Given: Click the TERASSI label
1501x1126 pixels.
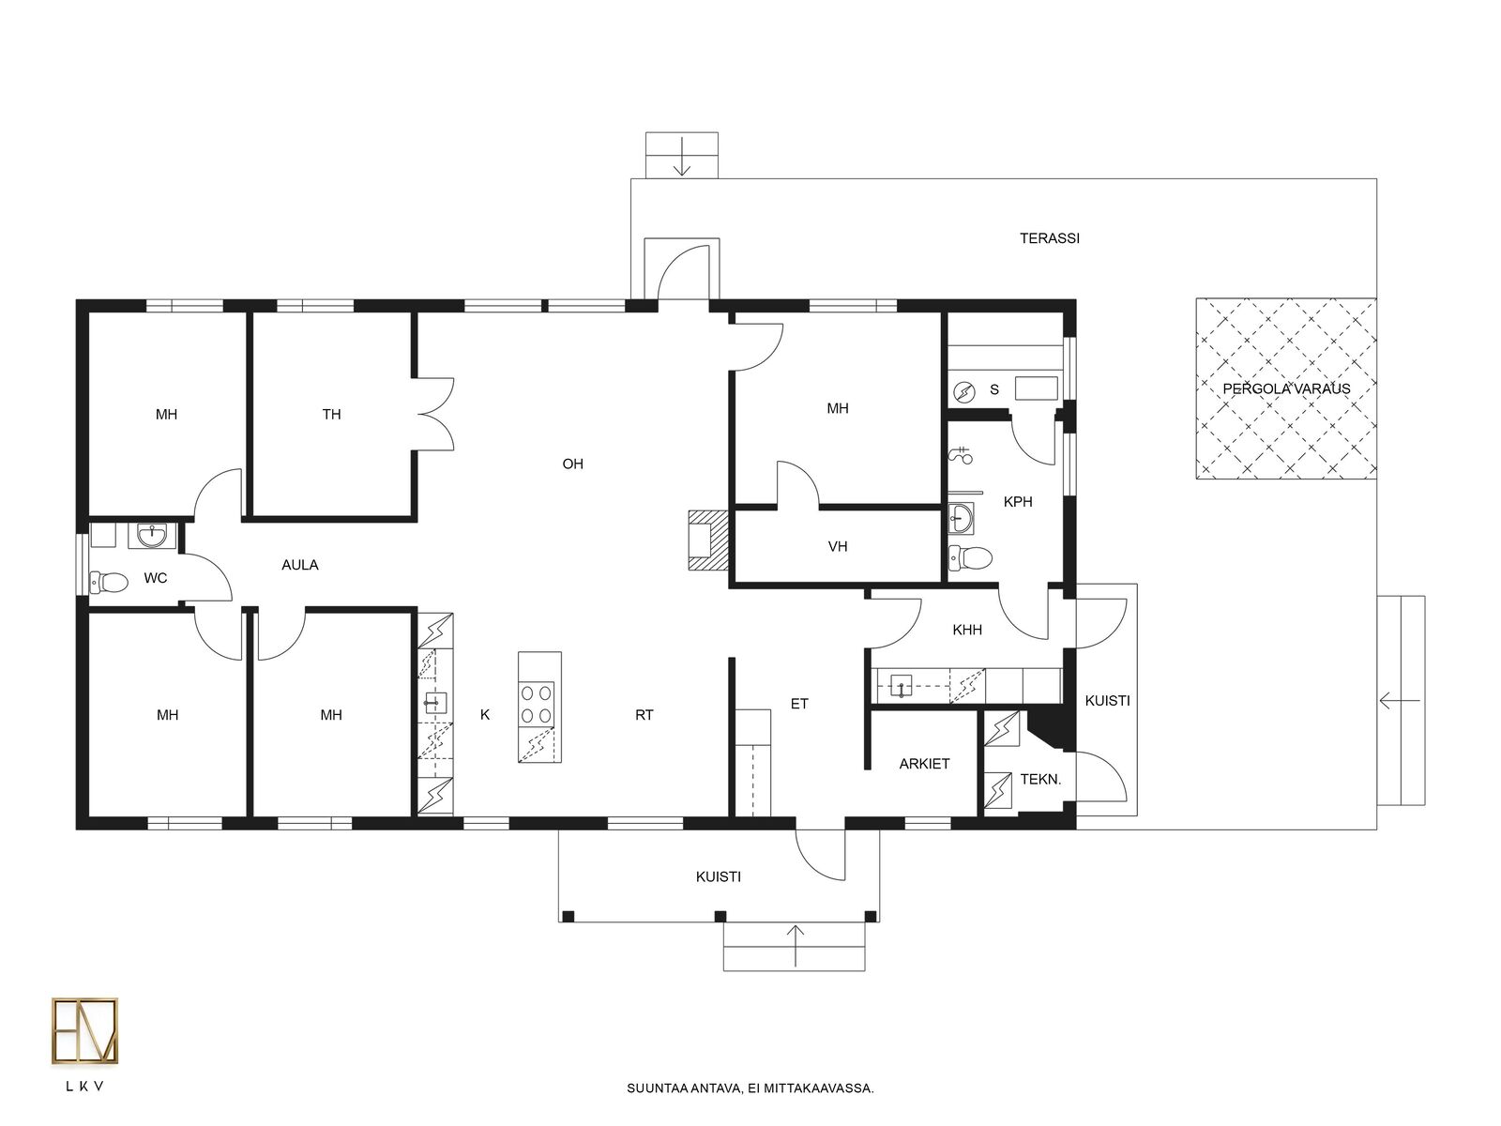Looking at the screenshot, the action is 1049,238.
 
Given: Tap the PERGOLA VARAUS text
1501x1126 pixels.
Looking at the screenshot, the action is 1285,389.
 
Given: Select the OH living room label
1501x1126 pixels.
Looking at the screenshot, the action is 572,464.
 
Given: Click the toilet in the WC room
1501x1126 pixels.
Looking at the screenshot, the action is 110,582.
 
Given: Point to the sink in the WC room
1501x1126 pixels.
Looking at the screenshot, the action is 151,535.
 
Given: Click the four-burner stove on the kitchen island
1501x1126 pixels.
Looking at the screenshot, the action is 537,704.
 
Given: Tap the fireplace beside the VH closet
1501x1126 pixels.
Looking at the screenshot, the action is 707,540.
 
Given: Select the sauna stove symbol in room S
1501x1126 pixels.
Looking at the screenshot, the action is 963,391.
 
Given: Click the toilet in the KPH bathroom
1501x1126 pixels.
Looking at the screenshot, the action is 971,557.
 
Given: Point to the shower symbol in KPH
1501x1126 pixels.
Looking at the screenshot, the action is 963,455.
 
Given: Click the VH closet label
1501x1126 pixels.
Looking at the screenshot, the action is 837,546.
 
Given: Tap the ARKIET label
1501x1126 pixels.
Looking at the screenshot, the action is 924,765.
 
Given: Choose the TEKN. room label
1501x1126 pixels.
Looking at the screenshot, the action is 1040,779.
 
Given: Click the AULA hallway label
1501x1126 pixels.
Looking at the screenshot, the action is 299,565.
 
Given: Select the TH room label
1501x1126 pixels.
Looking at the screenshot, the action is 331,415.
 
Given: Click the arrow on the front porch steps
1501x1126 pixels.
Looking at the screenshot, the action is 796,946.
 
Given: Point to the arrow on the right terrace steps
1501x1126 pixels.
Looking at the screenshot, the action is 1400,701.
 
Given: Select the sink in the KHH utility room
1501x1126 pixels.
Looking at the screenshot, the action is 902,685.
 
